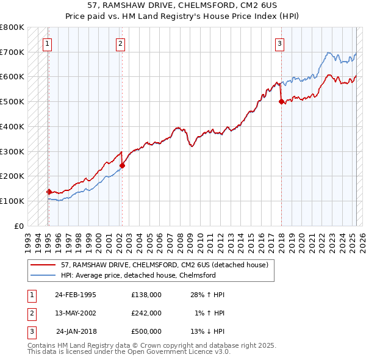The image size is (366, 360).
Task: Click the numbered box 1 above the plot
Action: [48, 43]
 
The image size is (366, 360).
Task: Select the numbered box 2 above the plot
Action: [121, 43]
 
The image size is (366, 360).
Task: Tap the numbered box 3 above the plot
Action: [279, 43]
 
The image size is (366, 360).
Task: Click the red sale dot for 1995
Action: [49, 191]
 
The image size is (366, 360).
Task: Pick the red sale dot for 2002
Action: [122, 165]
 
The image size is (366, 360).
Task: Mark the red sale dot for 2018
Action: [281, 102]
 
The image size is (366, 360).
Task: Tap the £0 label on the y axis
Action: [19, 226]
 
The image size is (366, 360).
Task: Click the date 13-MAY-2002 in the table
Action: [76, 313]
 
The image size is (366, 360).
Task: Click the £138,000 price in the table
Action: [146, 295]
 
